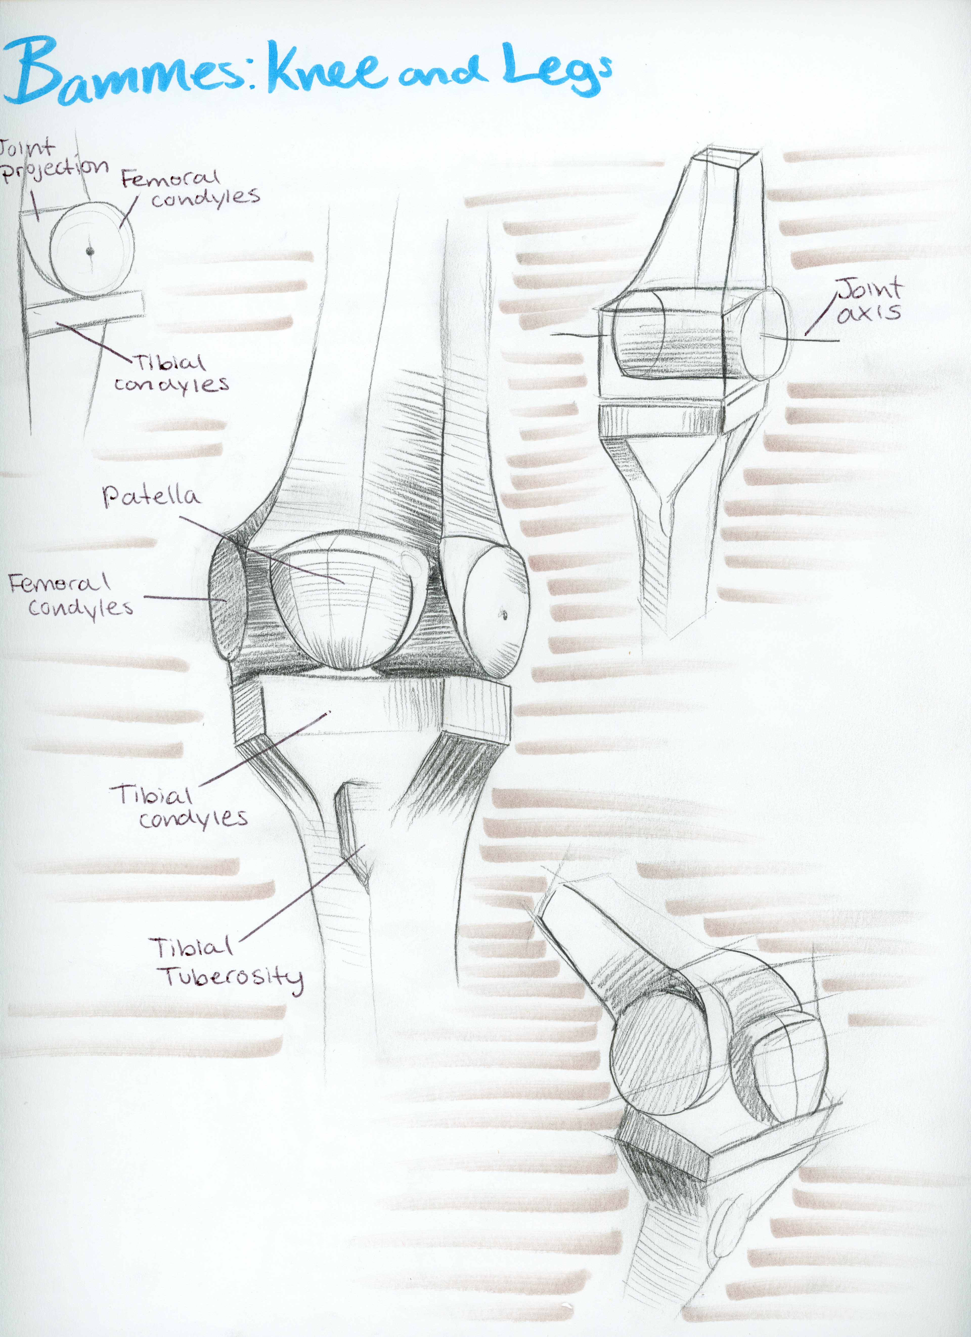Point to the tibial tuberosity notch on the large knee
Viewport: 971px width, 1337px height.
(348, 831)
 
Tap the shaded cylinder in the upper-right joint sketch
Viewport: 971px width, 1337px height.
(669, 336)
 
